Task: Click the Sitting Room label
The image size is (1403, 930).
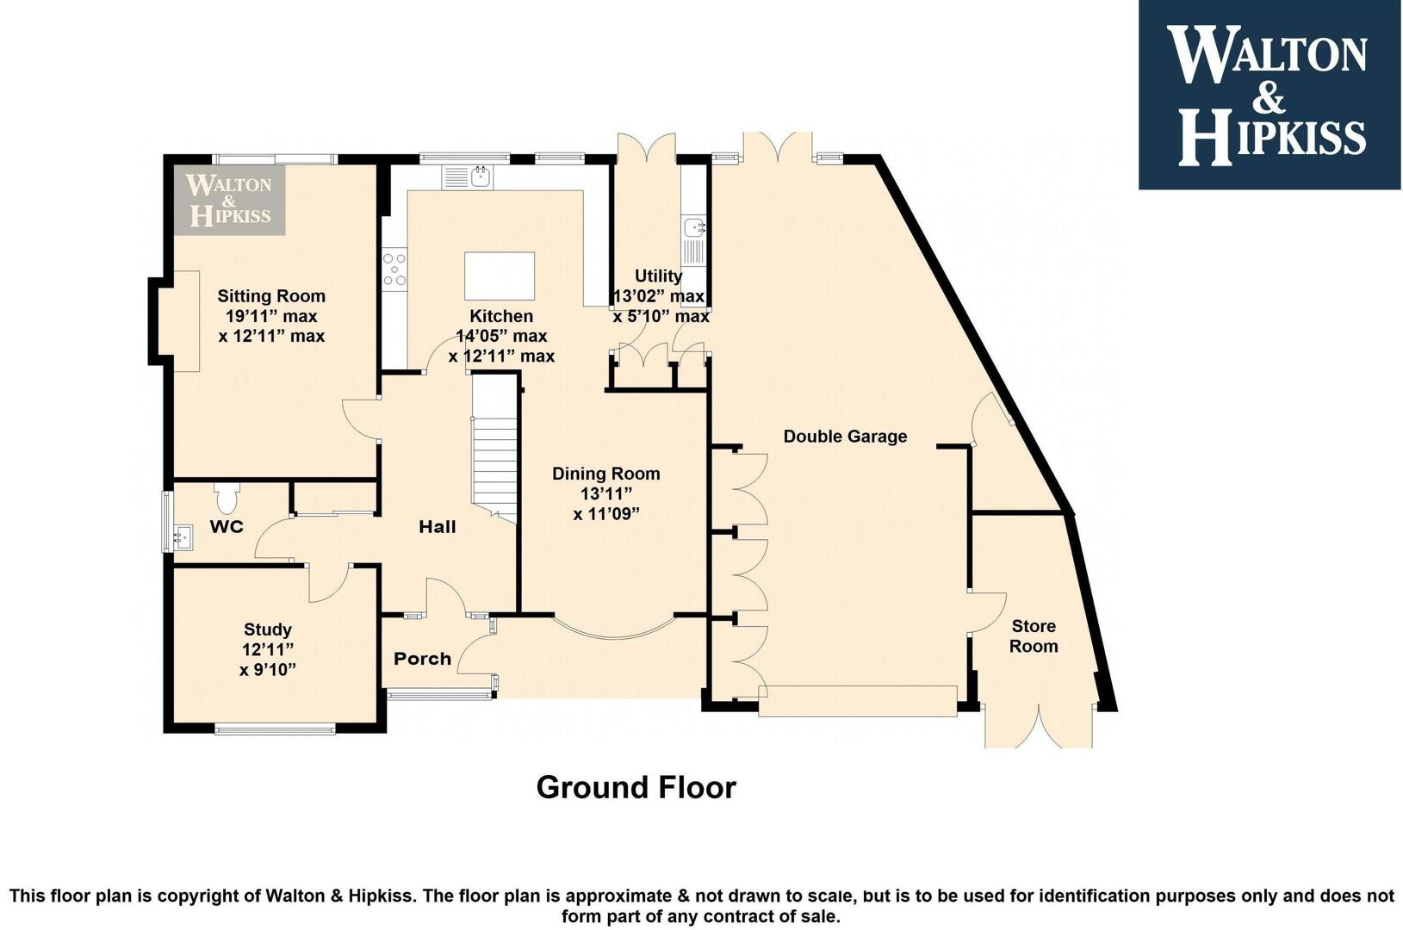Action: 271,295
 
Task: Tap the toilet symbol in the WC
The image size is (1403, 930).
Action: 226,497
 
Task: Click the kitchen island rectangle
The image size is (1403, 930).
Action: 500,276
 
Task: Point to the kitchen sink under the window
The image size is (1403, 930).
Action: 468,177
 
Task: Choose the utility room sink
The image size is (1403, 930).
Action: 694,240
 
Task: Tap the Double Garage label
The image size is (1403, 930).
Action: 845,436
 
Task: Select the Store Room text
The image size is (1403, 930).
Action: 1034,635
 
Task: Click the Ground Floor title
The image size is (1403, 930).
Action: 636,787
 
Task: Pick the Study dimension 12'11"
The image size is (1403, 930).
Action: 268,649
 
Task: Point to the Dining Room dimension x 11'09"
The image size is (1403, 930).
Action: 606,514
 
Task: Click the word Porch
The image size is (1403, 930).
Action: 422,658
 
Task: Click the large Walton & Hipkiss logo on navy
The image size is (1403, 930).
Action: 1270,95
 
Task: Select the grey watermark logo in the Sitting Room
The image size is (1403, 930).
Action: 229,200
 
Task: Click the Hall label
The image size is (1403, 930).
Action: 438,527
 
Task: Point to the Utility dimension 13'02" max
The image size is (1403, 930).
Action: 658,296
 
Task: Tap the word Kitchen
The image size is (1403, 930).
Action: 501,316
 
